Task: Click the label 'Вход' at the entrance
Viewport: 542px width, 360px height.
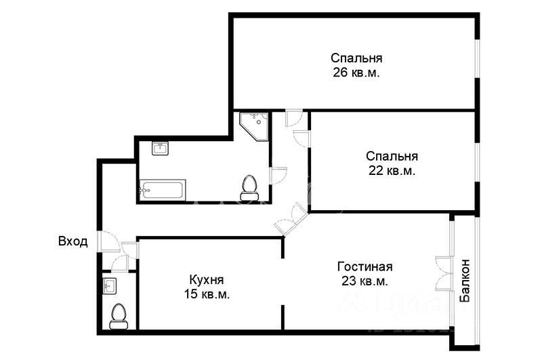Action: [72, 241]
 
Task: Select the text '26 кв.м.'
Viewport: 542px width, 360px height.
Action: [356, 73]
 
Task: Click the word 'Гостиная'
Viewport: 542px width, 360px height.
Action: [364, 266]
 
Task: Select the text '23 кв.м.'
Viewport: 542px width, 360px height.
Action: [364, 281]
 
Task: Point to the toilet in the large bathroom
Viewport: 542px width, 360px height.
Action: [249, 185]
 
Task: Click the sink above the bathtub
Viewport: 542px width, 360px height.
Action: [161, 148]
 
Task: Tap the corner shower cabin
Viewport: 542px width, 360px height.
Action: [253, 125]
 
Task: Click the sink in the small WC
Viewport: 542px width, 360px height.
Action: [110, 286]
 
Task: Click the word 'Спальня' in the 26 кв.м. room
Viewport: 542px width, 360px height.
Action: [356, 58]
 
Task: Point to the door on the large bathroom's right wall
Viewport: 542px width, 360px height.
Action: [278, 175]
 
